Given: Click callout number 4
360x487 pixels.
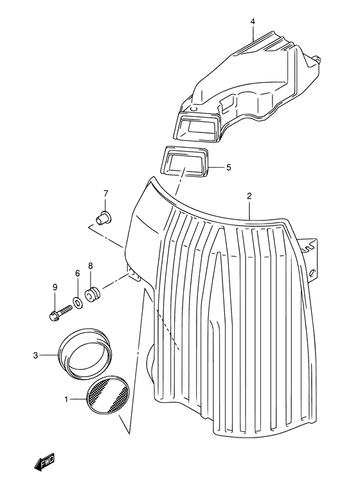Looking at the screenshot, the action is point(253,22).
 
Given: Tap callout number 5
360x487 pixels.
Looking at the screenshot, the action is point(228,168).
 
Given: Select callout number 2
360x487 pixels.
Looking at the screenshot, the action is point(249,197).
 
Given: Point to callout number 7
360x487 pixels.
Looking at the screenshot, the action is point(105,194).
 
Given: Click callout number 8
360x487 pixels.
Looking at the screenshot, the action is point(90,265).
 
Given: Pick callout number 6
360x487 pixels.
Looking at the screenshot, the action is point(77,273).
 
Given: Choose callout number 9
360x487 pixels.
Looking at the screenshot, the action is point(55,287).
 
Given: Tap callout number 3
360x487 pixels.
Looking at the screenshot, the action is point(35,355).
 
